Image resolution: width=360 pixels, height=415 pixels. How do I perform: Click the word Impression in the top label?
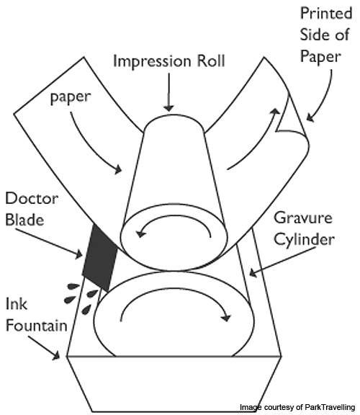pyautogui.click(x=152, y=61)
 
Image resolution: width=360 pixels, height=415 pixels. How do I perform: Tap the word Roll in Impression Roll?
pyautogui.click(x=211, y=61)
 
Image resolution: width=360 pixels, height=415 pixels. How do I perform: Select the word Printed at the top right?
pyautogui.click(x=326, y=13)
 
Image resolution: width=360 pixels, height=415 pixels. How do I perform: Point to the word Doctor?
pyautogui.click(x=32, y=198)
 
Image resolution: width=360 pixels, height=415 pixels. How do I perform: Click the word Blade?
pyautogui.click(x=24, y=220)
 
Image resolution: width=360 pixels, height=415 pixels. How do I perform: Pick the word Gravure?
pyautogui.click(x=303, y=218)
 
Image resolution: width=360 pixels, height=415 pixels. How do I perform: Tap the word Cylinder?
pyautogui.click(x=304, y=240)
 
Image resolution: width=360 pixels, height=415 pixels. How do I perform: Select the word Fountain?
pyautogui.click(x=36, y=325)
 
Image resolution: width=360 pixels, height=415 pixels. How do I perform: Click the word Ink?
pyautogui.click(x=16, y=304)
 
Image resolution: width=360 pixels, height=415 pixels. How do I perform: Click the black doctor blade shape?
pyautogui.click(x=100, y=258)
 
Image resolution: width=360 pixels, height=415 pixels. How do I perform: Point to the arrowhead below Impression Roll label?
pyautogui.click(x=168, y=108)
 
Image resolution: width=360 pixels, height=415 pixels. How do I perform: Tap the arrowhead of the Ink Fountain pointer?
pyautogui.click(x=56, y=355)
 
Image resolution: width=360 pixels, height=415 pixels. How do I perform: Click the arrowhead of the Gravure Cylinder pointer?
pyautogui.click(x=253, y=272)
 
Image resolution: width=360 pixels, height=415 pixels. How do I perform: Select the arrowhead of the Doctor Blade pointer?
pyautogui.click(x=78, y=254)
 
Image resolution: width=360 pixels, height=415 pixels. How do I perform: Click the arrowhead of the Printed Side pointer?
pyautogui.click(x=310, y=117)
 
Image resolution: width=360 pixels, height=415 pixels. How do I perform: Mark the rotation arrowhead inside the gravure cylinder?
pyautogui.click(x=226, y=316)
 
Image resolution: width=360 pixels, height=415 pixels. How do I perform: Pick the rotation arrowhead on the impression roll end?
pyautogui.click(x=140, y=233)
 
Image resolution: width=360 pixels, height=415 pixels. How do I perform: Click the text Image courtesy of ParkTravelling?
pyautogui.click(x=297, y=407)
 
